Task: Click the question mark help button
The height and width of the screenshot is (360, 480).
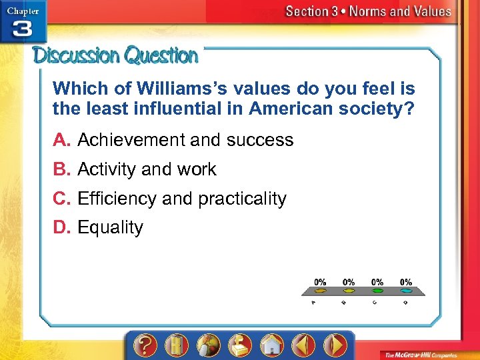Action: pyautogui.click(x=146, y=345)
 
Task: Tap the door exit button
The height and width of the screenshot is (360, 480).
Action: pyautogui.click(x=177, y=345)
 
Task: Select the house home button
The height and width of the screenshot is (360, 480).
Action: pyautogui.click(x=271, y=345)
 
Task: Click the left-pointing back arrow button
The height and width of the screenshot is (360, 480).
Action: pyautogui.click(x=303, y=345)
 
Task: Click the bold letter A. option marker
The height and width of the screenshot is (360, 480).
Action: pyautogui.click(x=62, y=140)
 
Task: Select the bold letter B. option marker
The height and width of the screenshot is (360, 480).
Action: pyautogui.click(x=62, y=169)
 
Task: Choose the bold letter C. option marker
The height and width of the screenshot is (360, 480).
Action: pyautogui.click(x=63, y=199)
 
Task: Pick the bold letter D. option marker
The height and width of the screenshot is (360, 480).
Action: pyautogui.click(x=63, y=228)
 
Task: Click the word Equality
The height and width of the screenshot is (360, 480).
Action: pyautogui.click(x=110, y=228)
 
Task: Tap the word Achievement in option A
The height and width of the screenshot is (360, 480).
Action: pyautogui.click(x=131, y=140)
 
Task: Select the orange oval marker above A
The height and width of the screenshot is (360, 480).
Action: pyautogui.click(x=320, y=291)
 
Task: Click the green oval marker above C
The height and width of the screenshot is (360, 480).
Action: pyautogui.click(x=378, y=291)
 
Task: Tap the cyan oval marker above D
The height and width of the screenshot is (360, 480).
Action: pyautogui.click(x=406, y=291)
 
